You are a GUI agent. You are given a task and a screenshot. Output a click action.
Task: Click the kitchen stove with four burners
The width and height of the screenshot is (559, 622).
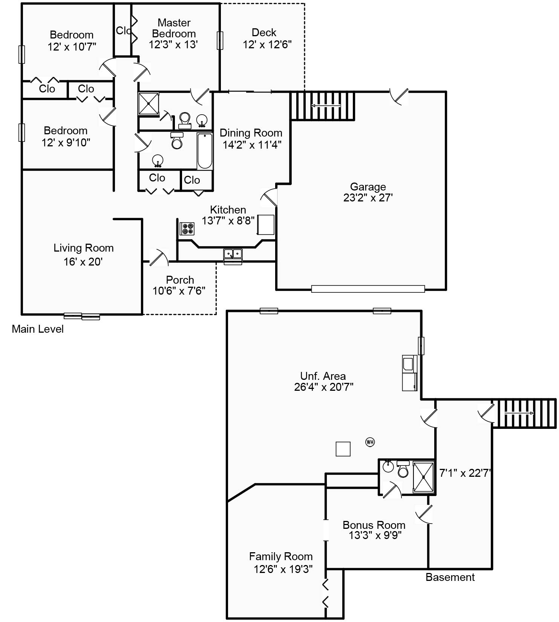pyautogui.click(x=187, y=228)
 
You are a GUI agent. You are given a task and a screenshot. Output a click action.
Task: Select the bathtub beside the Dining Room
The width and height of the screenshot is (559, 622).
pyautogui.click(x=205, y=151)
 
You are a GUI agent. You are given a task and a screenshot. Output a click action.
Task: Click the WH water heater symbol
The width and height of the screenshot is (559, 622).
pyautogui.click(x=370, y=442)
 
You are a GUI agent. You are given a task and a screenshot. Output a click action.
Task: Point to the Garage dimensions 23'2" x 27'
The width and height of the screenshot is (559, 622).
pyautogui.click(x=368, y=198)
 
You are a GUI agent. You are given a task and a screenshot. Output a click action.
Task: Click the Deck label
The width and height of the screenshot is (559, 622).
pyautogui.click(x=264, y=32)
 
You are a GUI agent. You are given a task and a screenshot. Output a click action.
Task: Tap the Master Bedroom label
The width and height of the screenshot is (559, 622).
pyautogui.click(x=174, y=28)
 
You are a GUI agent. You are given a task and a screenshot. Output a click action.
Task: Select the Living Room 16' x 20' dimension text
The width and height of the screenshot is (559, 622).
pyautogui.click(x=83, y=261)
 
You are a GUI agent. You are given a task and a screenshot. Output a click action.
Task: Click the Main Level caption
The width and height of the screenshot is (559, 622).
pyautogui.click(x=38, y=329)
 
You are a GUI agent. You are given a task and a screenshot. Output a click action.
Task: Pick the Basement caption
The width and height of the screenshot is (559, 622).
pyautogui.click(x=450, y=577)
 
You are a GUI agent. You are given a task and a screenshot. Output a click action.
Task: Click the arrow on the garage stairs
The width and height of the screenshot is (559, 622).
pyautogui.click(x=326, y=106)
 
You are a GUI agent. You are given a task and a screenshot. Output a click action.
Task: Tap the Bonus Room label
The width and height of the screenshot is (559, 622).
pyautogui.click(x=374, y=525)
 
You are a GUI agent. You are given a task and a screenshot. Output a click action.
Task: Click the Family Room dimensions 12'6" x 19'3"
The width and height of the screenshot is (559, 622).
pyautogui.click(x=283, y=569)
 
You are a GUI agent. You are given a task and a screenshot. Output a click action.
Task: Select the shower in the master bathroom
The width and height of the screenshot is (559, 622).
pyautogui.click(x=149, y=103)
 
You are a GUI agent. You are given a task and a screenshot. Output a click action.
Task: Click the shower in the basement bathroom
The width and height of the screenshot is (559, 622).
pyautogui.click(x=424, y=477)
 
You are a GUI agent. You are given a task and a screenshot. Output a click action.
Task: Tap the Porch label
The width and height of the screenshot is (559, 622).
pyautogui.click(x=180, y=280)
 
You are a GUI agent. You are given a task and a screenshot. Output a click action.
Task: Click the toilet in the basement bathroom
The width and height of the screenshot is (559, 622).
pyautogui.click(x=403, y=469)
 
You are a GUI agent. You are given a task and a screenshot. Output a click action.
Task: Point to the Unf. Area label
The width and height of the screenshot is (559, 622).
pyautogui.click(x=323, y=376)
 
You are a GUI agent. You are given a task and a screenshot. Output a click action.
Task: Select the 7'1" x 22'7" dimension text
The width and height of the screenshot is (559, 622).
pyautogui.click(x=465, y=473)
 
